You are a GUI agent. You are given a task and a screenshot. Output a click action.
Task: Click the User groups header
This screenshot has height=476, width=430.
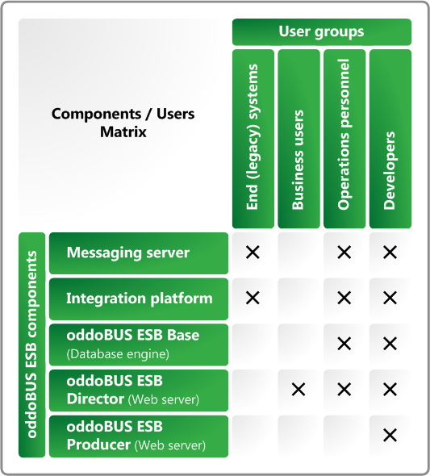point(321,32)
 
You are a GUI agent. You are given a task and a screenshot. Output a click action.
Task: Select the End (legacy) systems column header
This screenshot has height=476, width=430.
point(253,139)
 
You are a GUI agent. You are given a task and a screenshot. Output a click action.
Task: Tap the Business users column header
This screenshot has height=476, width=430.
point(298,139)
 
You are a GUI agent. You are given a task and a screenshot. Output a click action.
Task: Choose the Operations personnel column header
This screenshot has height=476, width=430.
point(344,139)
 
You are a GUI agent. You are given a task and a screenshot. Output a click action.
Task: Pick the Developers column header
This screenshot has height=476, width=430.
point(390,139)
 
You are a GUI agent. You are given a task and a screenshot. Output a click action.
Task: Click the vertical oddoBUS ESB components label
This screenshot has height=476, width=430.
point(32,344)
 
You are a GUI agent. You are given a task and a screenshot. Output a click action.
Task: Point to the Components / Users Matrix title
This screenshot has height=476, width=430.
point(123,123)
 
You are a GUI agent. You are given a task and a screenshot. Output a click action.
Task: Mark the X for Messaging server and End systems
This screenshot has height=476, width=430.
point(253,253)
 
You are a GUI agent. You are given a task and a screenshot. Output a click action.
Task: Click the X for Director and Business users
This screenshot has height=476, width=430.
point(298,390)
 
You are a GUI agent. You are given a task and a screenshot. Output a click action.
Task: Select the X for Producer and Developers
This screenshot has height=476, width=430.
point(390,436)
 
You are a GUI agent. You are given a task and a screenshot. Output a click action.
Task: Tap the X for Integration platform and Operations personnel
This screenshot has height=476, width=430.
point(344,299)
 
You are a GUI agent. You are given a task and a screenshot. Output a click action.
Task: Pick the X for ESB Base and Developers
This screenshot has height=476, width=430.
point(390,344)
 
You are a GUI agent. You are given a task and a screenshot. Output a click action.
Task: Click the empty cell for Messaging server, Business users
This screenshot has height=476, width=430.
point(298,253)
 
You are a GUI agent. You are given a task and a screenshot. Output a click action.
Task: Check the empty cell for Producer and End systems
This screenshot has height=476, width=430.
point(253,436)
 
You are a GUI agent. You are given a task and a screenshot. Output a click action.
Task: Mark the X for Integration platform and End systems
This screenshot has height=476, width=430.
point(253,299)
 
